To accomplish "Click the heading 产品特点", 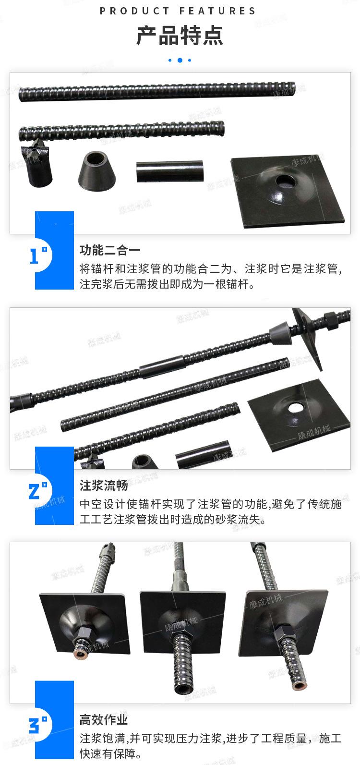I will tap(180, 36).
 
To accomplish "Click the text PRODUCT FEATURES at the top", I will tap(178, 11).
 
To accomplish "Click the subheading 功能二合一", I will tap(110, 250).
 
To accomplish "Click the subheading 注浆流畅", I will tap(104, 485).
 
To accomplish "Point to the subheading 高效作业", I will tap(104, 719).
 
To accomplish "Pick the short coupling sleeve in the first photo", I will tap(169, 171).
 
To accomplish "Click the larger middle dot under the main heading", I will tap(180, 60).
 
